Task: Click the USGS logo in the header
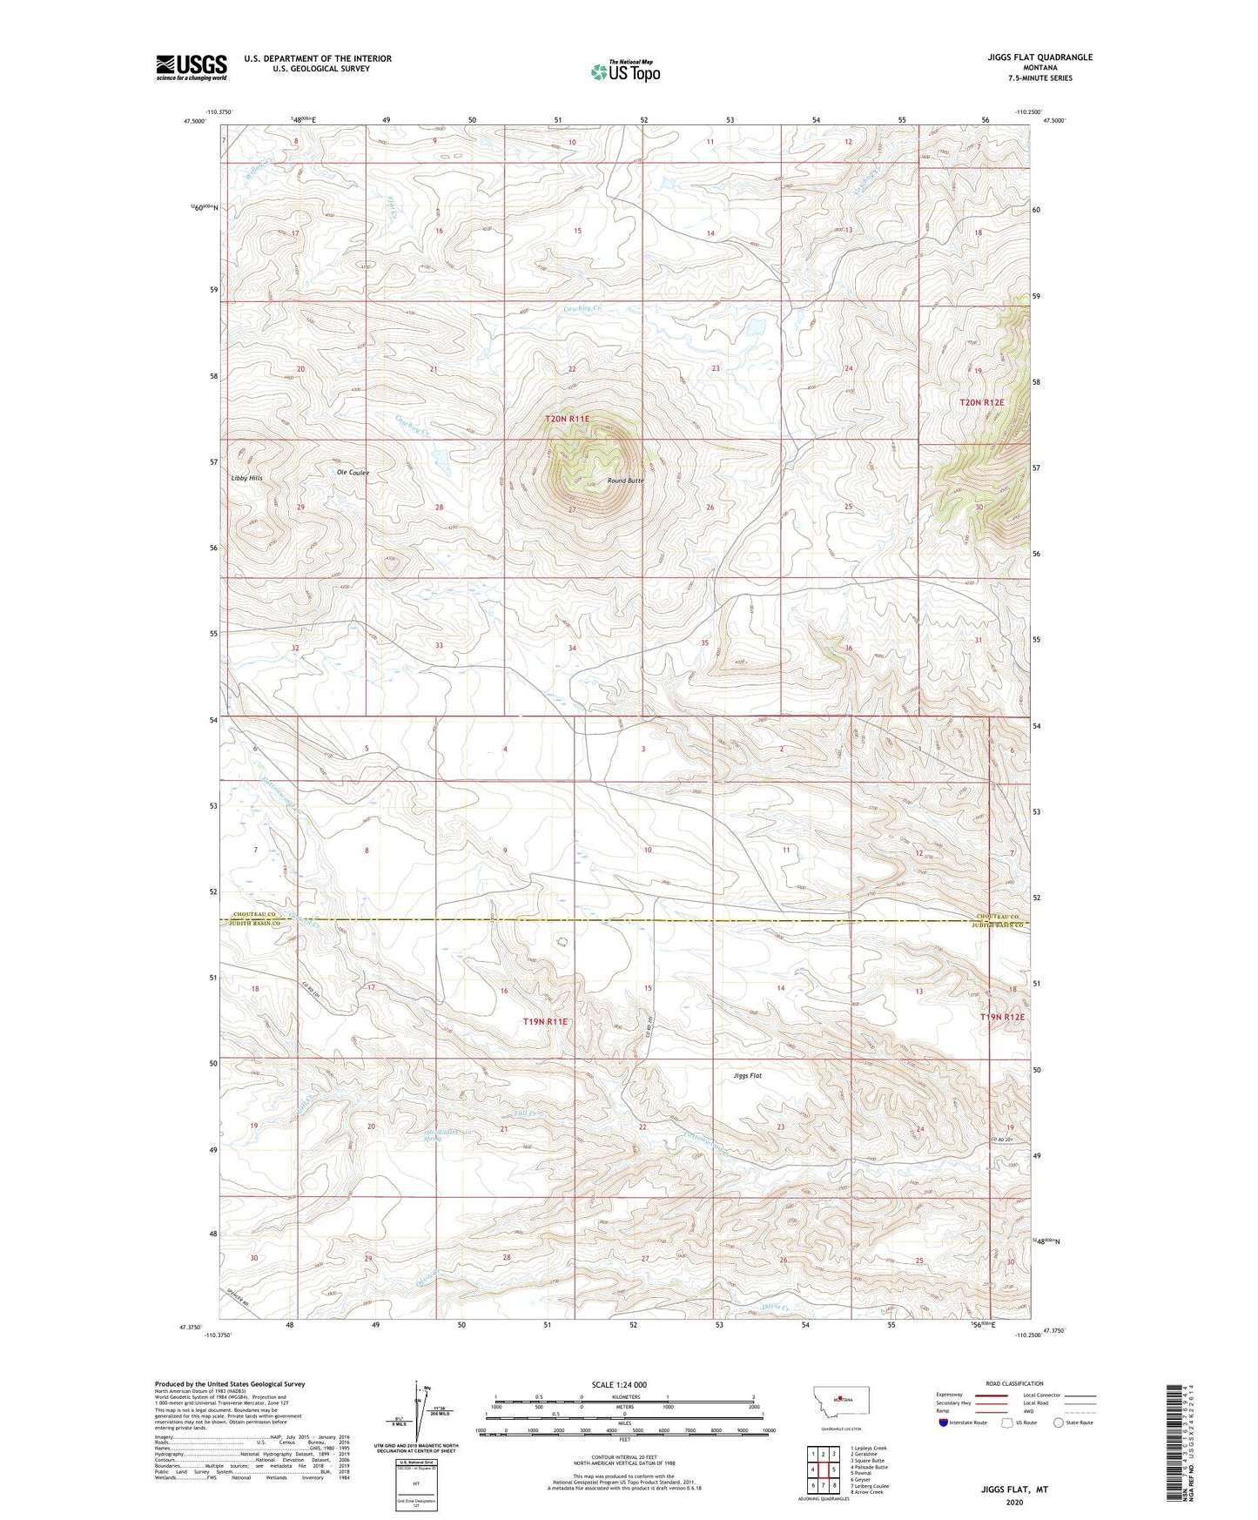tap(192, 67)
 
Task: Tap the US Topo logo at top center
tap(625, 71)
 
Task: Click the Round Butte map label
tap(625, 481)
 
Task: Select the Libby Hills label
tap(246, 478)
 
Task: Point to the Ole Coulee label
tap(353, 473)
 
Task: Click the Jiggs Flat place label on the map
tap(747, 1076)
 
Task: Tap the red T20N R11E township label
tap(568, 419)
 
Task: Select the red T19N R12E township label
tap(1002, 1017)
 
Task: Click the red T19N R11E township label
tap(545, 1021)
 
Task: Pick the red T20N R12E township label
tap(981, 402)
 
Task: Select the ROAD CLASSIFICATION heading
tap(1014, 1383)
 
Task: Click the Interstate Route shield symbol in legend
tap(944, 1422)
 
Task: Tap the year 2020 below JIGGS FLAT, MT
tap(1014, 1502)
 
